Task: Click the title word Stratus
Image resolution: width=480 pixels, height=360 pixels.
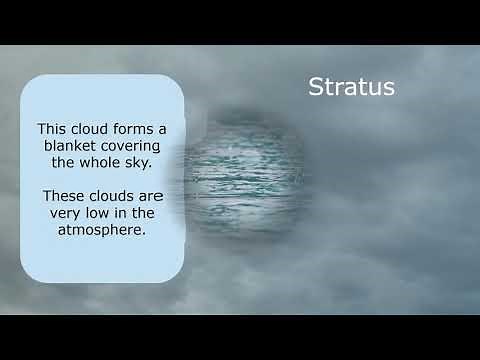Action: (x=350, y=86)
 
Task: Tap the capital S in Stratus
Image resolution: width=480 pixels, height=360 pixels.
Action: (x=314, y=86)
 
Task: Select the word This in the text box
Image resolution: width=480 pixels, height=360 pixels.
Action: (x=52, y=129)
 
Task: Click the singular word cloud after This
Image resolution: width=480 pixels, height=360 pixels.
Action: (x=89, y=129)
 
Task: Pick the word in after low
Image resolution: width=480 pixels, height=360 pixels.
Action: (x=124, y=214)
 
